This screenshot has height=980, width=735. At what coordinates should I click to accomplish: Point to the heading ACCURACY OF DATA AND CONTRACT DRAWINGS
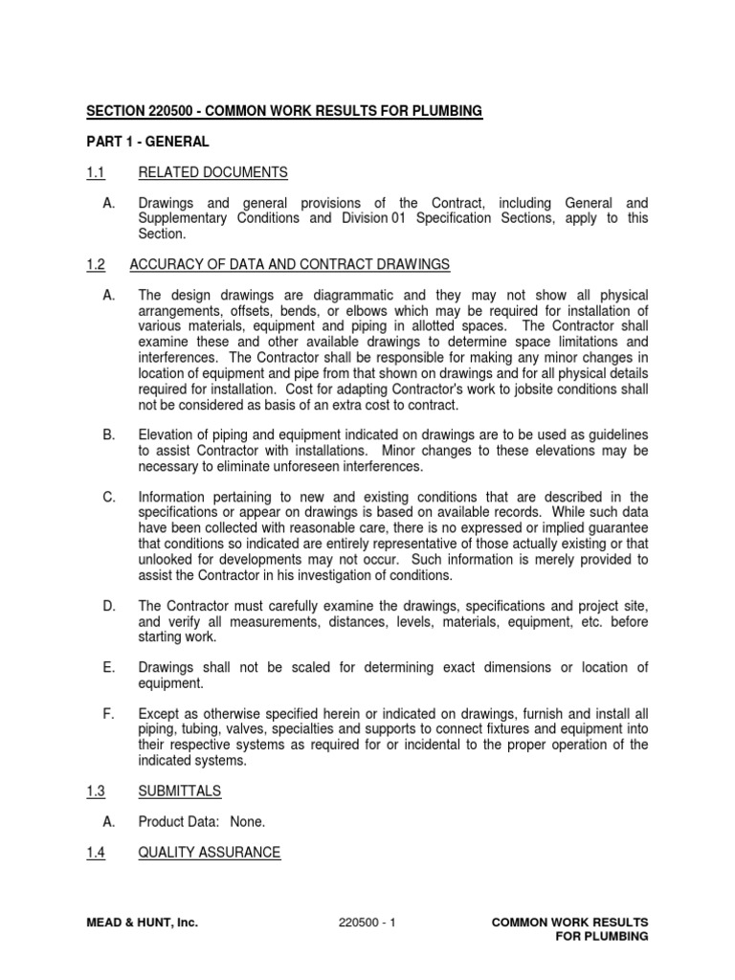tap(294, 264)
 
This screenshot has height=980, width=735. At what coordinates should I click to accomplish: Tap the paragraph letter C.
tap(108, 497)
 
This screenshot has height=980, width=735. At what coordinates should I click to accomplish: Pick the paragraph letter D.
tap(108, 606)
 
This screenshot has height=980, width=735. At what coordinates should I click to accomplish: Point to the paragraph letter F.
tap(108, 713)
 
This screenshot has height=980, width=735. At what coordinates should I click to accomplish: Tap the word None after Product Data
tap(248, 821)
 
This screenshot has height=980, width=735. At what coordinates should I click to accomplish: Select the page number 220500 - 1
tap(367, 923)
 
